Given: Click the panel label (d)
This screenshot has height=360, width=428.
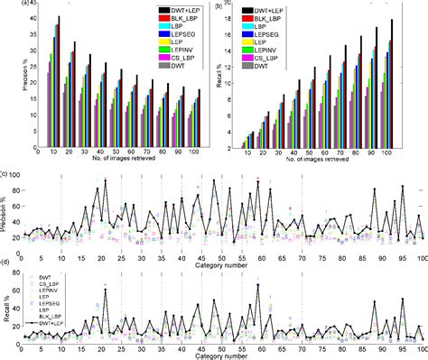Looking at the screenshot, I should (5, 262).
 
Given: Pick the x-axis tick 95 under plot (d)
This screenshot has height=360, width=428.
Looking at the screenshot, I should (403, 347).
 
